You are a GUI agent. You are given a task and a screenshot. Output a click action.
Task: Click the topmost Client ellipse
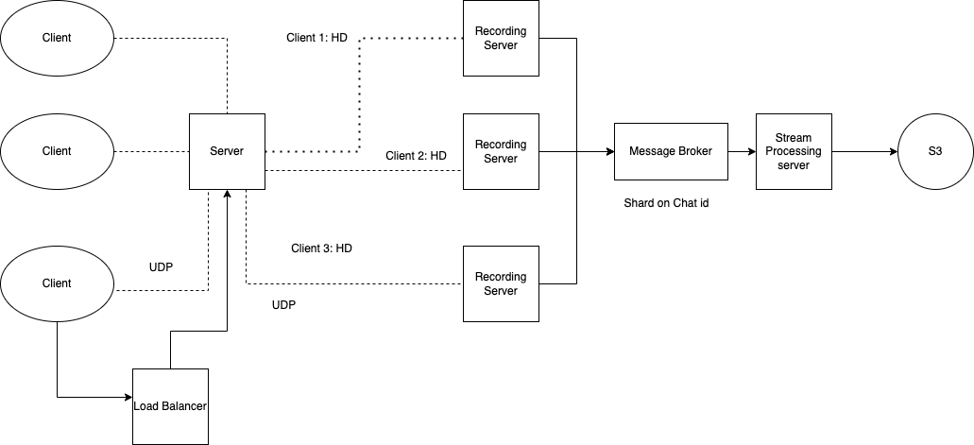tap(57, 38)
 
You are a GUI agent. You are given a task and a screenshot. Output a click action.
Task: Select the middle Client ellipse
tap(57, 151)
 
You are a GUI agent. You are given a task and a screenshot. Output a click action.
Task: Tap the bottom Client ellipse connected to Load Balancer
tap(57, 283)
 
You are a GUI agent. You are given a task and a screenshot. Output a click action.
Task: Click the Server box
tap(227, 151)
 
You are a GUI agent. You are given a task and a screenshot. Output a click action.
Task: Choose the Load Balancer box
tap(170, 406)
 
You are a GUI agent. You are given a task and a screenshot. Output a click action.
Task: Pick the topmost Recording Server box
tap(500, 38)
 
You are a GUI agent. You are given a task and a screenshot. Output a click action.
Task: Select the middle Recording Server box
tap(500, 151)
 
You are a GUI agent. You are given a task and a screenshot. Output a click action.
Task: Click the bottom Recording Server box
tap(500, 283)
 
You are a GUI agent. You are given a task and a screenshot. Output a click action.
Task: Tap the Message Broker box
tap(671, 151)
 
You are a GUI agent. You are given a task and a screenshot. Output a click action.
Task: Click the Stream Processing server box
tap(794, 151)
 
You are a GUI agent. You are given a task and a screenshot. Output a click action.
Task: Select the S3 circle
tap(935, 151)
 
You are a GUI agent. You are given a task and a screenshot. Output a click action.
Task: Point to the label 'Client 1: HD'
tap(317, 38)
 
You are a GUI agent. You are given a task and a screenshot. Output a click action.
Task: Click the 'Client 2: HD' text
tap(416, 155)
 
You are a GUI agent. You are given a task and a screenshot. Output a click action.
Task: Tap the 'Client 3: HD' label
tap(321, 248)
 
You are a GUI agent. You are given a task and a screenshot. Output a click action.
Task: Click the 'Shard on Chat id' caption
tap(666, 202)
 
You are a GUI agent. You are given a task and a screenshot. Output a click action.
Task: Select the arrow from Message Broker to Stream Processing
tap(742, 151)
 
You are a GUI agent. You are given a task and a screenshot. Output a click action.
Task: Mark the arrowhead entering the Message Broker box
tap(608, 151)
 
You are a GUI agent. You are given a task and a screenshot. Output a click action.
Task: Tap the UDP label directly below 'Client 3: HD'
tap(283, 306)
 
